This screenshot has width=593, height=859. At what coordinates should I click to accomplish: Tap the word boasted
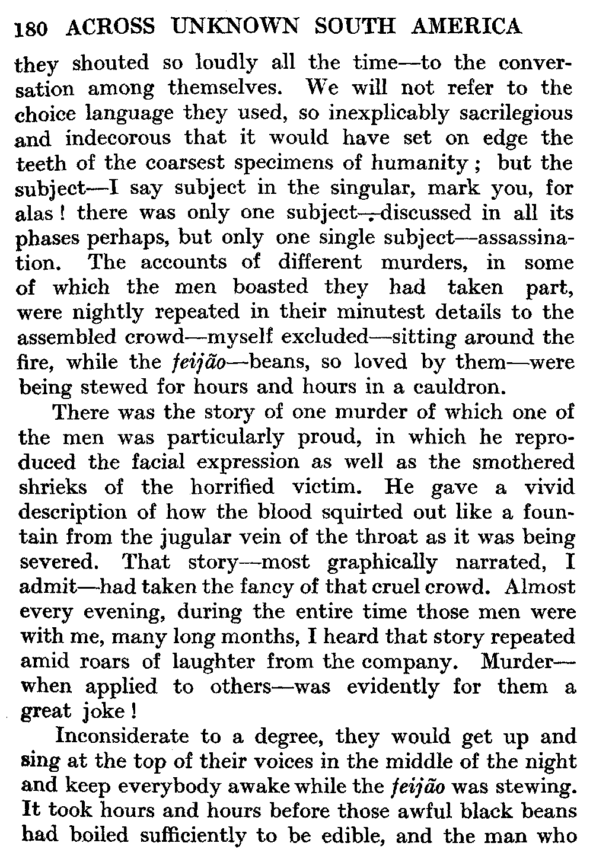coord(270,288)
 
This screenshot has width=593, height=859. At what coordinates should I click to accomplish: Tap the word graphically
coord(382,562)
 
